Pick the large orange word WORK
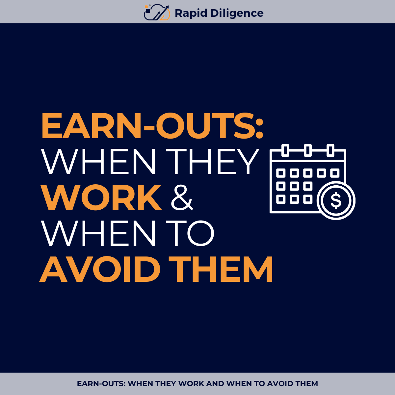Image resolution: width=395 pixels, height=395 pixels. tap(101, 197)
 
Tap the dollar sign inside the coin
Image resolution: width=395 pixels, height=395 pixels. tap(336, 200)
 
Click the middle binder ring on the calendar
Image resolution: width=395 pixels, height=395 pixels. tap(308, 150)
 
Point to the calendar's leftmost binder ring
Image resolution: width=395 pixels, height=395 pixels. tap(285, 150)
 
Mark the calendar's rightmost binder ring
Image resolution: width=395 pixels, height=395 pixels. tap(330, 150)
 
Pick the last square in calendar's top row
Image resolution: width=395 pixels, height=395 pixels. tap(335, 173)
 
